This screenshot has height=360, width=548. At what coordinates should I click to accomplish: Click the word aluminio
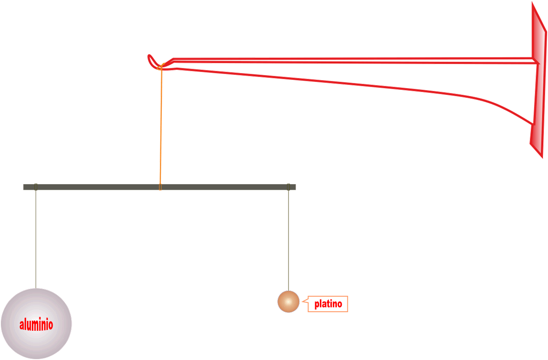(x=36, y=325)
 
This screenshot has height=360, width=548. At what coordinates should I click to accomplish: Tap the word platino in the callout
(x=328, y=304)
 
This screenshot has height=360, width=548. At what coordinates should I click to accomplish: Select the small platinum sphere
(x=288, y=302)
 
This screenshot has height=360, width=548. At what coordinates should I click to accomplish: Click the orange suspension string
(x=161, y=128)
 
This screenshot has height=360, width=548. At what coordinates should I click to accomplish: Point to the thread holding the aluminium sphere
(x=36, y=239)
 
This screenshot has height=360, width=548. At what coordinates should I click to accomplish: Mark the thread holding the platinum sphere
(x=289, y=239)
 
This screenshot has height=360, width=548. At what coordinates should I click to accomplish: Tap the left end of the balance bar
(x=25, y=187)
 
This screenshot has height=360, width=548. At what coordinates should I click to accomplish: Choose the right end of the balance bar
(x=294, y=187)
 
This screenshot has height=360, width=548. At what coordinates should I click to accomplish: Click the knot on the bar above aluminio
(x=36, y=187)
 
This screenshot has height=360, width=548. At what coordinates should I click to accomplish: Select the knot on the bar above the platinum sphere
(x=289, y=187)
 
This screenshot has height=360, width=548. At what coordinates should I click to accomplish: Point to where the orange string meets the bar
(x=160, y=187)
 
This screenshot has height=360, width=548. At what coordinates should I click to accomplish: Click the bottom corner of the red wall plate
(x=541, y=156)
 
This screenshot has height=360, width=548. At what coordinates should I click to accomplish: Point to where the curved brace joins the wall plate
(x=533, y=124)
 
